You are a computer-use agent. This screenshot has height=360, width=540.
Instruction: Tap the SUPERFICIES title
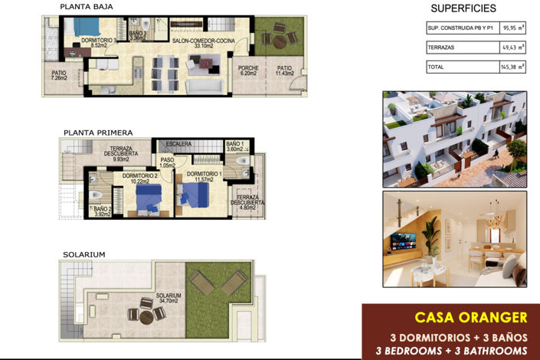pyautogui.click(x=463, y=8)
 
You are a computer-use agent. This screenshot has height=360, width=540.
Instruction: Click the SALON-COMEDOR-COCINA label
pyautogui.click(x=203, y=42)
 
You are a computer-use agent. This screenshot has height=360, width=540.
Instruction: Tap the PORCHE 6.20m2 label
pyautogui.click(x=248, y=71)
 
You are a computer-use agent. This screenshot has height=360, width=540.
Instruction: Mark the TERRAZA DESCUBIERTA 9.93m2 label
pyautogui.click(x=123, y=154)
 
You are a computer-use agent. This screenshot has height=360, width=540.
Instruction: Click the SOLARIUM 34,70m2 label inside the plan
pyautogui.click(x=168, y=298)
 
